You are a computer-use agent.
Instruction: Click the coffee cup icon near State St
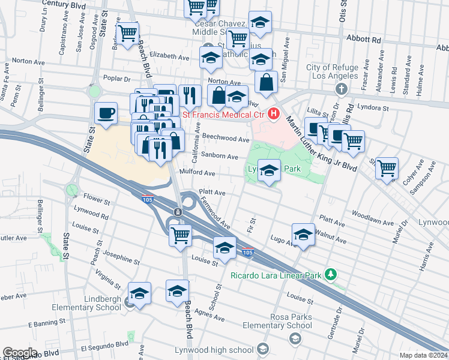point(106,113)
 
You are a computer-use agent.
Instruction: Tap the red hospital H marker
point(274,113)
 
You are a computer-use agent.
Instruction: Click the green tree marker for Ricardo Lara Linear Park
point(330,274)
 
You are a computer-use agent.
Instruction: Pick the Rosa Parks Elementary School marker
point(295,340)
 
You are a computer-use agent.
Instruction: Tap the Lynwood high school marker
point(262,349)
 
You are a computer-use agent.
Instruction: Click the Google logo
point(20,353)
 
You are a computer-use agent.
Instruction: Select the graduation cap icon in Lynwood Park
point(270,170)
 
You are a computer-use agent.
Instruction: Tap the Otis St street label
point(343,12)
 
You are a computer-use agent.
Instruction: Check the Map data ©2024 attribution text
point(423,355)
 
